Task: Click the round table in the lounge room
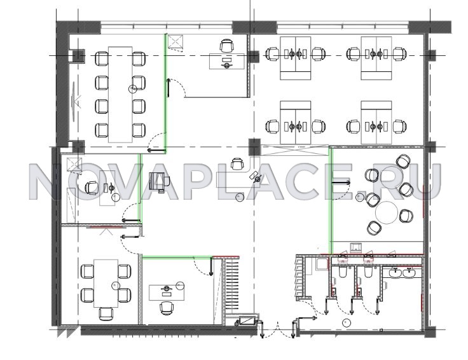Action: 387,212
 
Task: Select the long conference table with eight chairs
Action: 120,94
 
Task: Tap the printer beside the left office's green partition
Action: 159,182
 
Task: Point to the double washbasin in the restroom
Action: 403,273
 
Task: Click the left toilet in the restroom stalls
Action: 342,272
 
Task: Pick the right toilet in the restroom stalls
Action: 368,272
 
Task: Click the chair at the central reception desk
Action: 237,163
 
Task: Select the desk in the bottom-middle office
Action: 167,293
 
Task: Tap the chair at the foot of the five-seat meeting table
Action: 106,314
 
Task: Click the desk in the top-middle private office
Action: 227,61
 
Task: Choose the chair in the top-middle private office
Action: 226,45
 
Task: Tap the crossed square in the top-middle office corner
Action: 175,41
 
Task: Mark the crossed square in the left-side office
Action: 74,165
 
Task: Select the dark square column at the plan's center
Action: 254,147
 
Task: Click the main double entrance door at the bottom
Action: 278,329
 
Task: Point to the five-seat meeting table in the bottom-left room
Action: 106,283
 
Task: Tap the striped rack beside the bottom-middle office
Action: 232,286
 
